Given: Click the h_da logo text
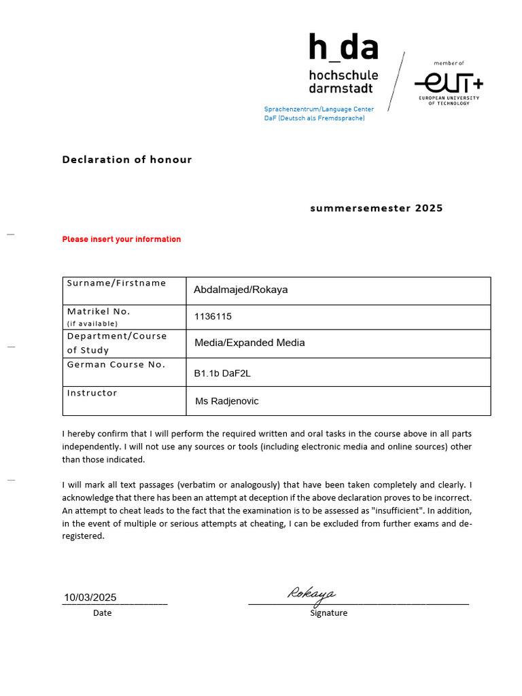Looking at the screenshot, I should point(343,48).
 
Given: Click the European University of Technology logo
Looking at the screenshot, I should point(449,86).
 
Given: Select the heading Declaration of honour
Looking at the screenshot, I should point(127,160).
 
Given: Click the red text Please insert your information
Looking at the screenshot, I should point(122,239).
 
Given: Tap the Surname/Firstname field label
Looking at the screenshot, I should point(116,283).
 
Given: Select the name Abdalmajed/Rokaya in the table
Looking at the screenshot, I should point(241,290).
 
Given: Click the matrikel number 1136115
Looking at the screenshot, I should point(213,317).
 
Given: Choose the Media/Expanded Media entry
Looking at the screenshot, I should point(249,343).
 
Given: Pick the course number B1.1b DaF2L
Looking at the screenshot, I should point(222,373).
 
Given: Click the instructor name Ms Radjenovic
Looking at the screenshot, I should point(226,401).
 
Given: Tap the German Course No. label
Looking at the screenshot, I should point(116,364).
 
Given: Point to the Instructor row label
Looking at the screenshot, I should point(92,393).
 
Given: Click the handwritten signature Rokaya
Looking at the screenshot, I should point(311,593).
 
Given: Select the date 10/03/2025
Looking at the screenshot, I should point(90,597).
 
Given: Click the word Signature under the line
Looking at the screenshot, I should point(328,613).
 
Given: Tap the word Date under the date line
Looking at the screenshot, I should point(102,613).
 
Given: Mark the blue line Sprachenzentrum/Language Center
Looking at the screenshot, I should point(319,109).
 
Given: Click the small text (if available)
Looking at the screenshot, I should point(92,324).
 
